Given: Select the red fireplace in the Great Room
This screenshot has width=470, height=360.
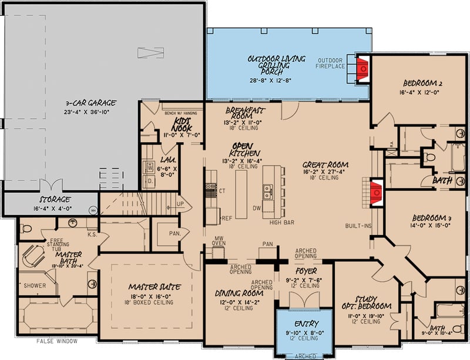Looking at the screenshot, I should (x=373, y=191).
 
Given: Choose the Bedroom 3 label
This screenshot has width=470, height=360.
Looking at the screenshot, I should (x=427, y=218).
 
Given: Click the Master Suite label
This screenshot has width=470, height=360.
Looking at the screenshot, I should (x=155, y=287).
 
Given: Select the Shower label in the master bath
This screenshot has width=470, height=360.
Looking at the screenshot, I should (x=35, y=285).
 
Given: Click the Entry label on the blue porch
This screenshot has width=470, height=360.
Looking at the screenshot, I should (x=305, y=324).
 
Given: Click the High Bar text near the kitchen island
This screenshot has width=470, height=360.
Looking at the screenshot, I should (x=282, y=223).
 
